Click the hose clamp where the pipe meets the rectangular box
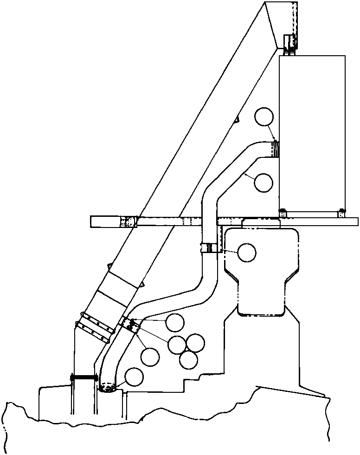(276, 149)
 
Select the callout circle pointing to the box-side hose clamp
(264, 117)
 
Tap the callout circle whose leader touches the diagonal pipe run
(264, 182)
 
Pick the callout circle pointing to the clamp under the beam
(246, 252)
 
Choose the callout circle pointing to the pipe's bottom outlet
(134, 377)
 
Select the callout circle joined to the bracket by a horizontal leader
(175, 322)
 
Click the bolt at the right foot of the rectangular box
(341, 213)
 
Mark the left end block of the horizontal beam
(106, 221)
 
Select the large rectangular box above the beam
(312, 132)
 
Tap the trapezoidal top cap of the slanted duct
(280, 23)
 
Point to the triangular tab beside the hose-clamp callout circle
(237, 119)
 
